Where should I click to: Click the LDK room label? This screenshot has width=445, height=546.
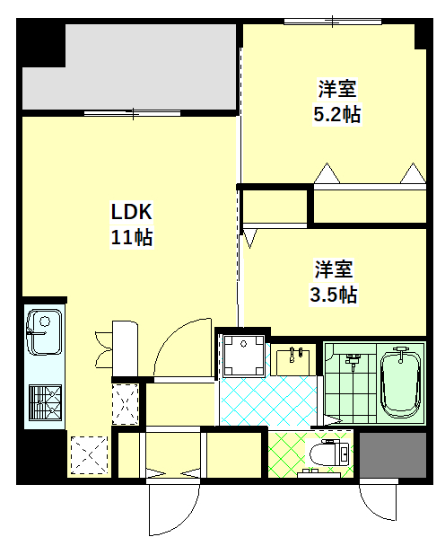(x=131, y=211)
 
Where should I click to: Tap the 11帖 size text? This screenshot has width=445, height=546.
(x=132, y=237)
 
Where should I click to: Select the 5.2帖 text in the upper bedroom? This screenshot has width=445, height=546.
(x=336, y=114)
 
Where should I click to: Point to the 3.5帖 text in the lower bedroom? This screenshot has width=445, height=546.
(x=334, y=295)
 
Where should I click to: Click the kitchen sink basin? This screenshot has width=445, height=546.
(x=44, y=332)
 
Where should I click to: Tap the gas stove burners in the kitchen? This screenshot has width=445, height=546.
(x=45, y=402)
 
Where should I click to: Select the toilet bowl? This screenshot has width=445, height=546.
(x=328, y=454)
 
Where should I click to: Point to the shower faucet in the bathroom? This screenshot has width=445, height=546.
(x=353, y=360)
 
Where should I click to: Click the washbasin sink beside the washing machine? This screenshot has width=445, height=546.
(x=292, y=362)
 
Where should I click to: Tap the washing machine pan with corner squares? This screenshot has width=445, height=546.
(x=243, y=356)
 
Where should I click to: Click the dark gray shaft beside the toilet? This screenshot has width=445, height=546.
(x=393, y=454)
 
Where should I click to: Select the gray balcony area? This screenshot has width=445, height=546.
(x=129, y=66)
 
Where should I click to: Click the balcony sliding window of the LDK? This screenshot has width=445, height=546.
(x=133, y=113)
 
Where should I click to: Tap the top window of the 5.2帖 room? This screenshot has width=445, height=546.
(x=333, y=22)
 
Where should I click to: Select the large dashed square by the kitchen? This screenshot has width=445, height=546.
(x=90, y=454)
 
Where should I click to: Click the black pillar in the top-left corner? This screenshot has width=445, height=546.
(x=41, y=42)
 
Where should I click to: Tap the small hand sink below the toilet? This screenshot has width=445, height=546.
(x=318, y=473)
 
